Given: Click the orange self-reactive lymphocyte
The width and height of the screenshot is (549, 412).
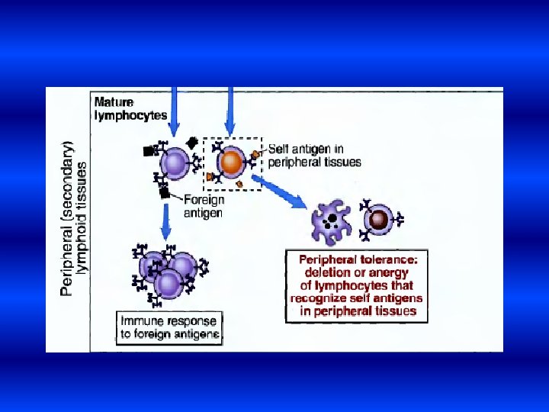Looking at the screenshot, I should point(230,163).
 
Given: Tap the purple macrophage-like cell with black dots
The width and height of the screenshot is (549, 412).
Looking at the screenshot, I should point(332,223).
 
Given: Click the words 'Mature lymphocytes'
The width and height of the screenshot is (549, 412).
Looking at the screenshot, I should point(130,108).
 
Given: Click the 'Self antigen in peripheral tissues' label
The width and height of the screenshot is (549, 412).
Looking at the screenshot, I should point(314,156).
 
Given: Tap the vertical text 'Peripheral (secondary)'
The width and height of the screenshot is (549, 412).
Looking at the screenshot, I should point(67,217).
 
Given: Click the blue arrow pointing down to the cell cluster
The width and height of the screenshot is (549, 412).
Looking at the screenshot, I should point(166,221).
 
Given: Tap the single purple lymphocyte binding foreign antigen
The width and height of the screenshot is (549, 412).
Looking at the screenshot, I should point(175,163).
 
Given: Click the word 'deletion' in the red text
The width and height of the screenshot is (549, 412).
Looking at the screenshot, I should point(328,272).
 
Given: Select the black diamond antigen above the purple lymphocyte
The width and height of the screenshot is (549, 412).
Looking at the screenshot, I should point(191,142).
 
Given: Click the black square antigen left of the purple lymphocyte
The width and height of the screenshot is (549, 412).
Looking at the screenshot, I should point(148,151).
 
